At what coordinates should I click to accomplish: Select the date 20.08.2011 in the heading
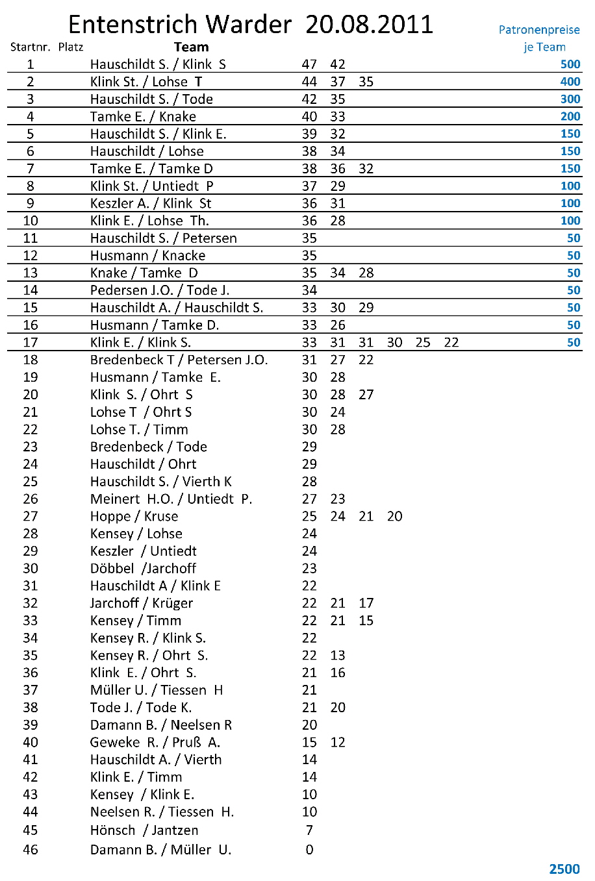[369, 25]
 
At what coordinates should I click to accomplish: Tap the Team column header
[191, 47]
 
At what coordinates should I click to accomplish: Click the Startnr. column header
[30, 47]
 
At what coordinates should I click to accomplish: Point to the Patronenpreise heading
[538, 30]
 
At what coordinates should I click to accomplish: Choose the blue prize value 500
[570, 64]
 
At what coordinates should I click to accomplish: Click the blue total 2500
[564, 869]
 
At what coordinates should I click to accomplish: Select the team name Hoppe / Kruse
[134, 516]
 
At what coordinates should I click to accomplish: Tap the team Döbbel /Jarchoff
[143, 568]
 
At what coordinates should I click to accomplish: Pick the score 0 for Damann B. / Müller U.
[309, 850]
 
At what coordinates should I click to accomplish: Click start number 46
[31, 850]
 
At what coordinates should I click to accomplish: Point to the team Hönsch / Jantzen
[144, 830]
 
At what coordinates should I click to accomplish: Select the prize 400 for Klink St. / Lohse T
[570, 82]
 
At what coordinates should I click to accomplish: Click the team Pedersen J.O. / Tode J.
[159, 290]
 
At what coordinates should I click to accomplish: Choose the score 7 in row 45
[309, 830]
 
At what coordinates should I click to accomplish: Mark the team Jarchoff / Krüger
[141, 603]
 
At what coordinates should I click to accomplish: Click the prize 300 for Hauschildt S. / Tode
[570, 99]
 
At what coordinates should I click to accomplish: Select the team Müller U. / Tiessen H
[156, 690]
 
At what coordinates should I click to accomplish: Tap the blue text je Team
[544, 47]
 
